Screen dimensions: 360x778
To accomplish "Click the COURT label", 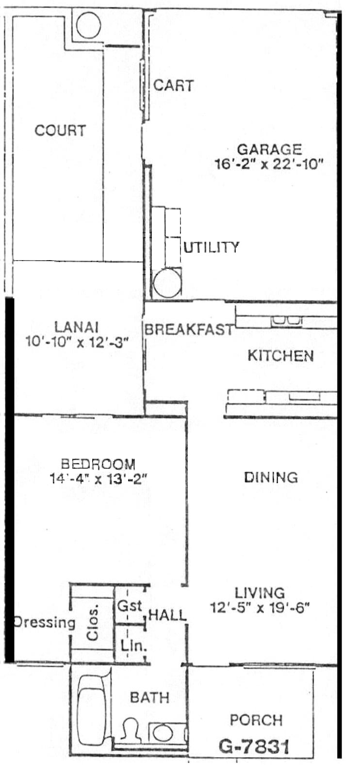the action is (x=60, y=130).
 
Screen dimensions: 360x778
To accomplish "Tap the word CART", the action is (x=174, y=85).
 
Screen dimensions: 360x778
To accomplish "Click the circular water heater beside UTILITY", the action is (x=167, y=282).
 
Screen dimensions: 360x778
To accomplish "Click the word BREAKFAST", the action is (x=189, y=329).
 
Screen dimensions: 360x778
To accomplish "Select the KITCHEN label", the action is (x=280, y=356).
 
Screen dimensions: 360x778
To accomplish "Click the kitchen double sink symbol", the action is (x=286, y=321).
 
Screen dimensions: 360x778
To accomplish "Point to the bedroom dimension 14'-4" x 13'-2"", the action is (x=98, y=479).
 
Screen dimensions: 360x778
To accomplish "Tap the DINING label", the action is (x=271, y=477).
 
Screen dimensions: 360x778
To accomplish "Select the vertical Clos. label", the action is (x=92, y=622).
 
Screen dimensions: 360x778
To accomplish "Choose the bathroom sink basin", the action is (x=163, y=733).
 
